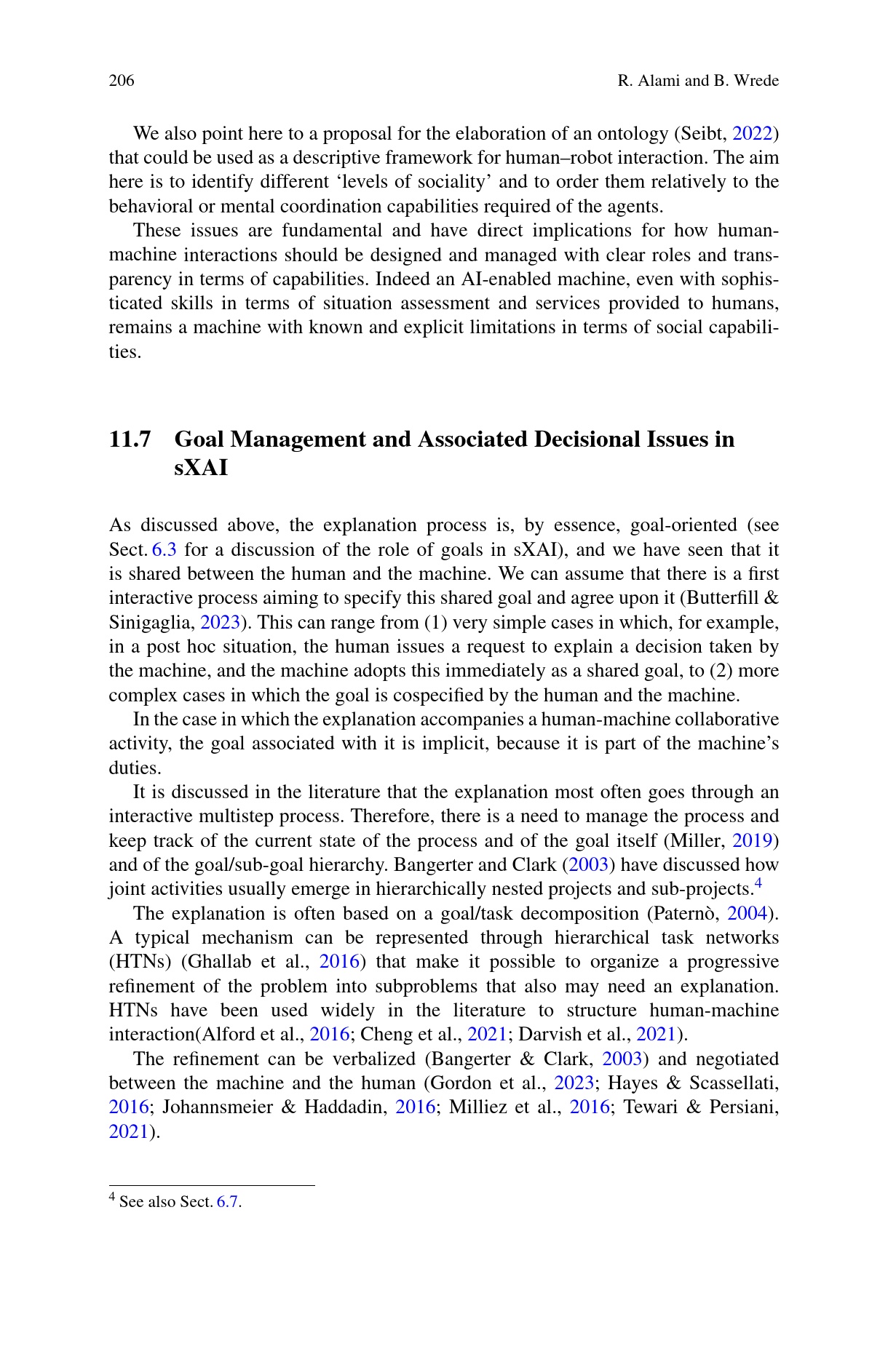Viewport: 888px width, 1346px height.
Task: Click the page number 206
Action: coord(122,80)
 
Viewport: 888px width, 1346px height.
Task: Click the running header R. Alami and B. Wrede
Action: coord(697,80)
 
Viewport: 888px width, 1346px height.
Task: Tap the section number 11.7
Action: coord(130,439)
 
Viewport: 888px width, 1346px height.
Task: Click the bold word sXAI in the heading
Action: coord(201,468)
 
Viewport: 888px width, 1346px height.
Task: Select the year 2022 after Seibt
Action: coord(752,134)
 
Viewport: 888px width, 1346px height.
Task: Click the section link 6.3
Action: coord(164,549)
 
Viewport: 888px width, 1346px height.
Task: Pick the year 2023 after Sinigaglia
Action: coord(220,623)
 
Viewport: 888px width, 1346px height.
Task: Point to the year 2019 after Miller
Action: coord(752,841)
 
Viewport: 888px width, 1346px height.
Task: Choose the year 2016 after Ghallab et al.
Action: coord(339,962)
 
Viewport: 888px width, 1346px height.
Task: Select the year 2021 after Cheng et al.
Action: coord(487,1035)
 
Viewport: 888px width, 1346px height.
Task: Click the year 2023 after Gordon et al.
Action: coord(574,1083)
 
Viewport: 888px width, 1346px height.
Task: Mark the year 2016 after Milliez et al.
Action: coord(590,1107)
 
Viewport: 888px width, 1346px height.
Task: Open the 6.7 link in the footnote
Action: coord(228,1202)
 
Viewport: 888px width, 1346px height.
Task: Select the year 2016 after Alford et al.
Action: coord(330,1035)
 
